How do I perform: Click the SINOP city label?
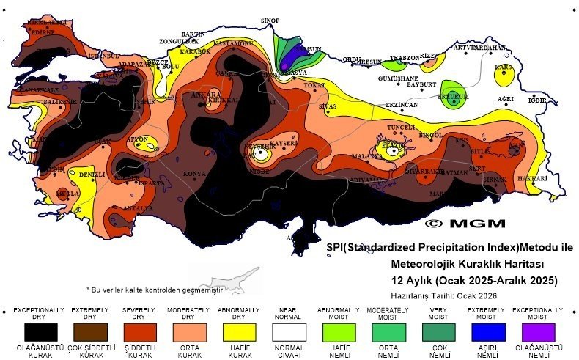(x=270, y=20)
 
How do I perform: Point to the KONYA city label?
(x=194, y=174)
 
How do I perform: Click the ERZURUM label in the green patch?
(x=453, y=96)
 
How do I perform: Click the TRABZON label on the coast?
(x=404, y=57)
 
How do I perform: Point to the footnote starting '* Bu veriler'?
(x=154, y=290)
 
